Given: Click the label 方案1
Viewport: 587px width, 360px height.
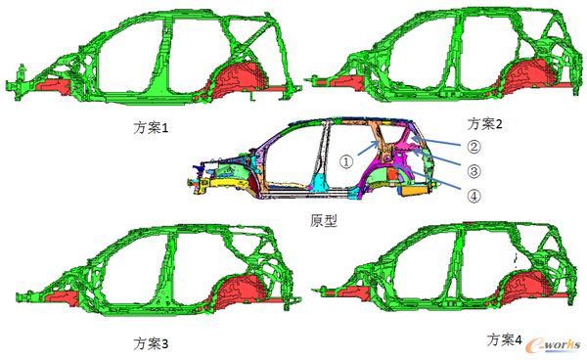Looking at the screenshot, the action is (x=151, y=128).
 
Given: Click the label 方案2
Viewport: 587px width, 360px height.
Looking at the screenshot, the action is (x=484, y=124).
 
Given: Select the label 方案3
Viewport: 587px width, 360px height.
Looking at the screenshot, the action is (x=151, y=343).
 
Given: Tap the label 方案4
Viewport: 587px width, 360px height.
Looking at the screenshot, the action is (x=504, y=340).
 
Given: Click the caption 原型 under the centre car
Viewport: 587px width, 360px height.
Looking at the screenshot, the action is (x=324, y=220).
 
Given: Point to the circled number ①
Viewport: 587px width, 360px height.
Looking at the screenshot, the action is (x=346, y=162).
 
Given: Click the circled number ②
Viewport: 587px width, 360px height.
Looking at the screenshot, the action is (x=474, y=147).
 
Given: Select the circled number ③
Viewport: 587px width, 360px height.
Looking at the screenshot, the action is (x=474, y=171).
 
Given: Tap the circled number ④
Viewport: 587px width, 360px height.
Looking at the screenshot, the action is (x=474, y=196).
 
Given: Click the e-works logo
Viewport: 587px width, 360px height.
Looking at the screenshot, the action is (x=553, y=345).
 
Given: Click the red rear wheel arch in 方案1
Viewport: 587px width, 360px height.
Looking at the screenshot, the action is (x=240, y=80).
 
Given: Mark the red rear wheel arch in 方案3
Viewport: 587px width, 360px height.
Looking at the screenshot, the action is (x=240, y=289).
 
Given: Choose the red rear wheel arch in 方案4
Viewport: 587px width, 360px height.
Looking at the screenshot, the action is (x=528, y=287).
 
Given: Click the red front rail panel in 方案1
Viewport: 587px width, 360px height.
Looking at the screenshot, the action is (x=53, y=86).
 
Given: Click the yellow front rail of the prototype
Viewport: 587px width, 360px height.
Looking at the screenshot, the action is (x=221, y=183).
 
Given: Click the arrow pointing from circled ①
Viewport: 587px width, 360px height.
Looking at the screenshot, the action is (x=369, y=148).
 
